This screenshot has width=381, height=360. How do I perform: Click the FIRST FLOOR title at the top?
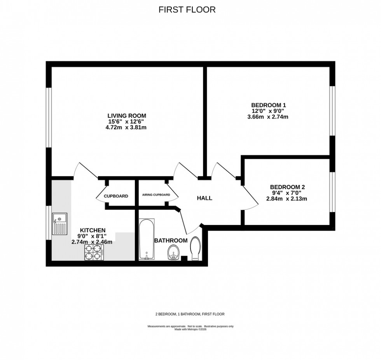187,10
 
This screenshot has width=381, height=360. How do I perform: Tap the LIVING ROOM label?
127,116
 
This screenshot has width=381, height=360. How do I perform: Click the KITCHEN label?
92,230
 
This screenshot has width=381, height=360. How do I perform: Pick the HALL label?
204,198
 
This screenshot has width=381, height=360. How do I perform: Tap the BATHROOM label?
171,241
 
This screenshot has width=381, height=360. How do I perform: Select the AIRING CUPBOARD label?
156,195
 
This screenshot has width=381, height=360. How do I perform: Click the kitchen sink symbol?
60,225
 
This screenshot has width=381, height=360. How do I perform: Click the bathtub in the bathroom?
147,239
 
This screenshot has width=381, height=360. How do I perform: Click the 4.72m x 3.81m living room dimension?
127,127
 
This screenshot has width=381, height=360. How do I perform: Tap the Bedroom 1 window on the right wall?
332,111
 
